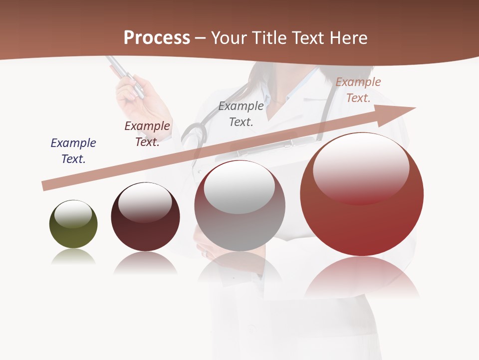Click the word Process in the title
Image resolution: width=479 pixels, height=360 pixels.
157,37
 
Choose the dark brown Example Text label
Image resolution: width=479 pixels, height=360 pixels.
147,134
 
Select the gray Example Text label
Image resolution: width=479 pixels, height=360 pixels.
241,113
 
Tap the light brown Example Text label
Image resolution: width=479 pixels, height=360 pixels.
358,90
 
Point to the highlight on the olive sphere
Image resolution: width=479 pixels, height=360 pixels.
73,214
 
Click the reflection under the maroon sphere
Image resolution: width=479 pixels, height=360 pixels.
145,262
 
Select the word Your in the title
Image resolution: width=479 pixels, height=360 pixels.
231,38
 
